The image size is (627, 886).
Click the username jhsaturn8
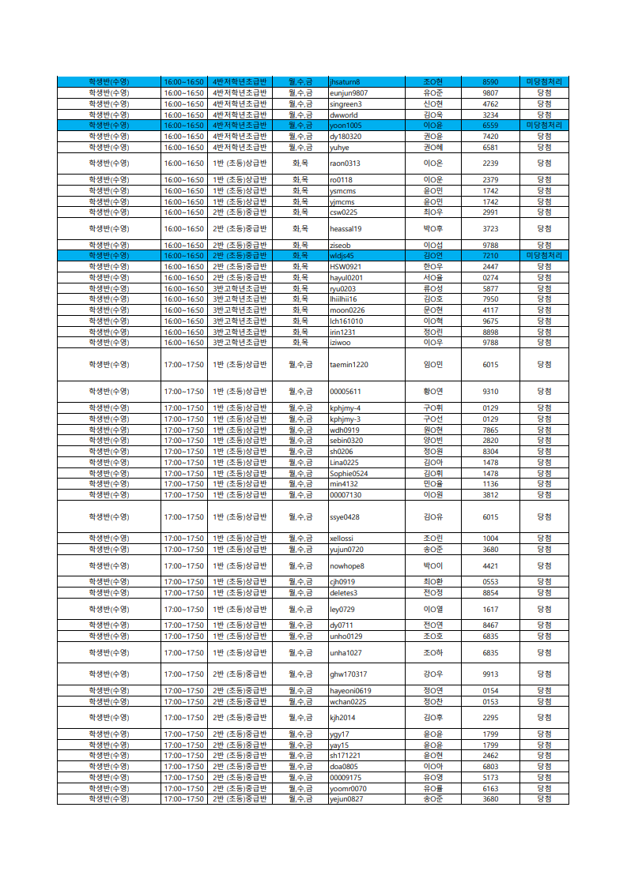pos(345,82)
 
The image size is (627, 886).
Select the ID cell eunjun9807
pos(349,93)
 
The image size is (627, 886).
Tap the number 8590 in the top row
pos(490,82)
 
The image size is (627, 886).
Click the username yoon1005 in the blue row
pos(346,126)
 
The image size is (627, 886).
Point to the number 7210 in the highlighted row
pos(490,256)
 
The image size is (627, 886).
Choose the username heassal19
pos(346,229)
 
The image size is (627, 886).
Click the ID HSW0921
pos(346,267)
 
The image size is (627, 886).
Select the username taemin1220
pos(349,365)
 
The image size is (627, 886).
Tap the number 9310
pos(490,392)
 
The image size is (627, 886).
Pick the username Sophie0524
pos(349,473)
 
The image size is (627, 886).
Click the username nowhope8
pos(347,566)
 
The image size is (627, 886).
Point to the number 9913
pos(490,674)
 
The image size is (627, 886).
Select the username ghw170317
pos(349,674)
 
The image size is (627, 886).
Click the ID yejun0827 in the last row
pos(347,799)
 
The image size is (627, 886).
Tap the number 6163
pos(490,788)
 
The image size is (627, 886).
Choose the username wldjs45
pos(342,256)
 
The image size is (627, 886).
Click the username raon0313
pos(345,163)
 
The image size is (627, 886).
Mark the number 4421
pos(490,566)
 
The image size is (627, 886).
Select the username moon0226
pos(347,310)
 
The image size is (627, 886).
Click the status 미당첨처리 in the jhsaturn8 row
pos(544,82)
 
